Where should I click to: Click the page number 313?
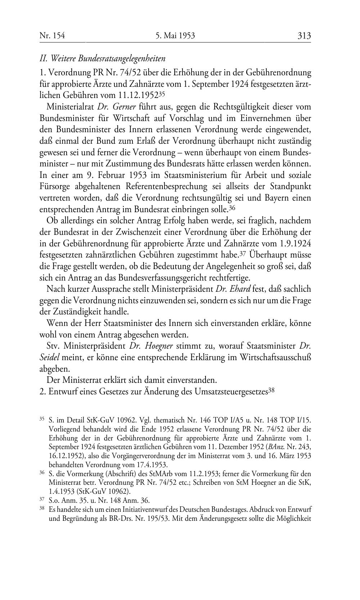pos(304,36)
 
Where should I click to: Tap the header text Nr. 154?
pos(52,36)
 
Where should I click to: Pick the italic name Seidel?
pos(50,358)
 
